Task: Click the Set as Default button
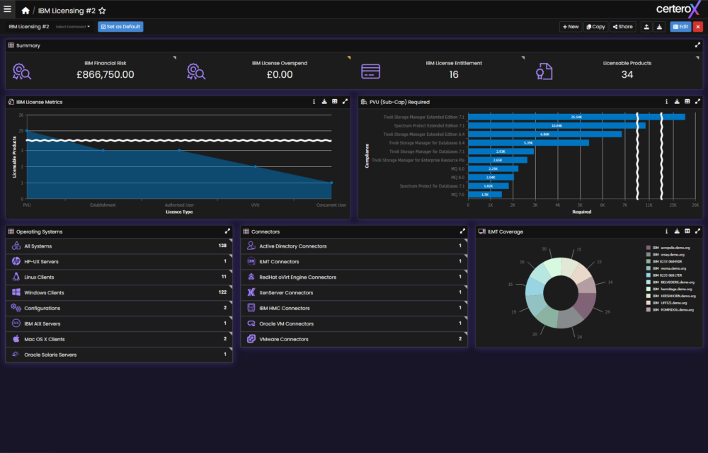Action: point(120,27)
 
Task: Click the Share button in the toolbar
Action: point(622,27)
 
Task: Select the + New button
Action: point(570,27)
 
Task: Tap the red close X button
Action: point(697,27)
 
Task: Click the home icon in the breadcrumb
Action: point(26,11)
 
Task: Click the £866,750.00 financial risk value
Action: point(105,74)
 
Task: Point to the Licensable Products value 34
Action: point(627,74)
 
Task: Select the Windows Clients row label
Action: point(44,292)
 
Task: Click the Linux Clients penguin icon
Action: point(16,277)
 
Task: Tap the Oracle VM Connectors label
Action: point(286,323)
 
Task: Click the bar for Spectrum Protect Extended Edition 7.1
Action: point(556,125)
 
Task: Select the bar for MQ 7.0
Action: point(484,194)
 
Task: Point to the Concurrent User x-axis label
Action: point(331,205)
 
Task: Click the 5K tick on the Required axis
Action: point(580,205)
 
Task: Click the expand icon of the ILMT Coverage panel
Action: point(698,231)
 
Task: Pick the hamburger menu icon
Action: point(8,10)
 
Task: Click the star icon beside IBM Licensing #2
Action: point(102,11)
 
